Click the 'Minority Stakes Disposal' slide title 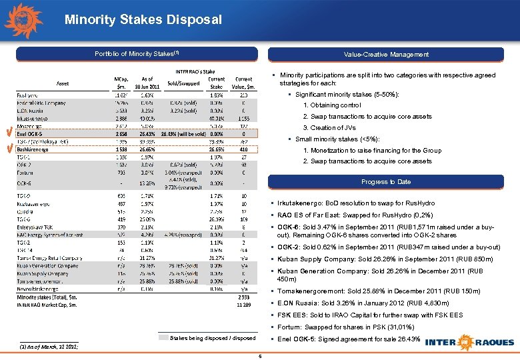pyautogui.click(x=143, y=20)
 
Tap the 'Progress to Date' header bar pyautogui.click(x=386, y=181)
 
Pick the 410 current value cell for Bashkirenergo pyautogui.click(x=243, y=150)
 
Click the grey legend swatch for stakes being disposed pyautogui.click(x=163, y=338)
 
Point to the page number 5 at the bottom pyautogui.click(x=259, y=356)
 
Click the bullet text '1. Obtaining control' pyautogui.click(x=332, y=105)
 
